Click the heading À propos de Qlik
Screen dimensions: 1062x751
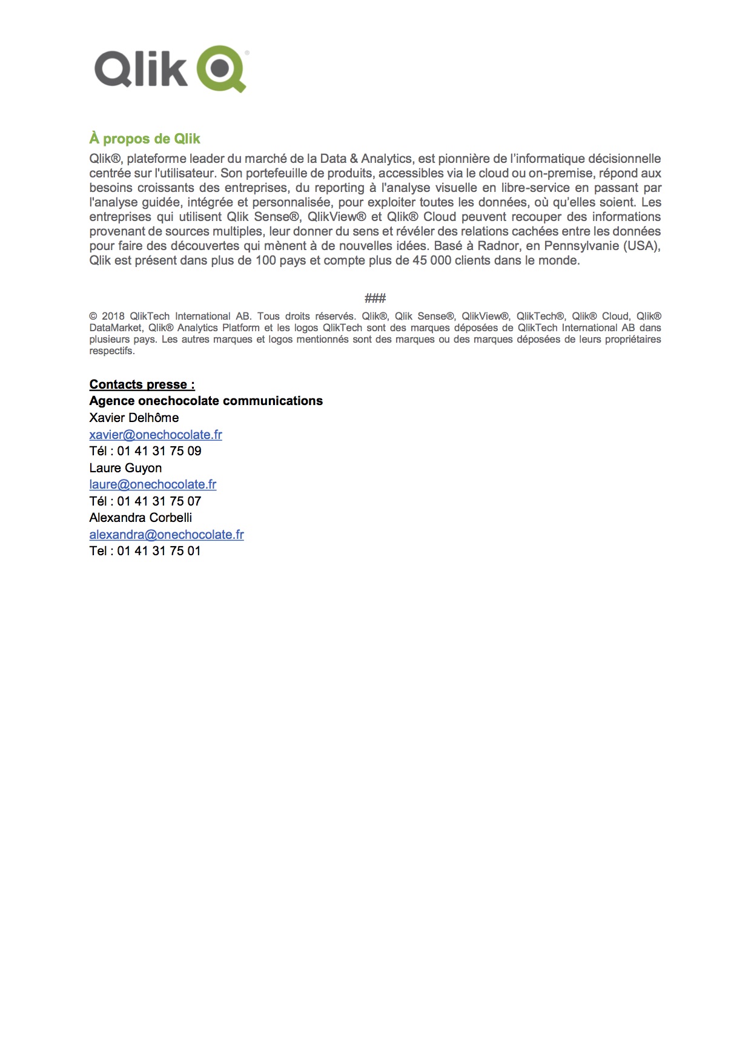click(145, 139)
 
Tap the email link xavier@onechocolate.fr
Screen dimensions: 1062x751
click(156, 435)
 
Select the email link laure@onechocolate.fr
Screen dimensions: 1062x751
click(153, 484)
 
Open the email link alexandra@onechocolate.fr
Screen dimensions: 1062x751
click(167, 535)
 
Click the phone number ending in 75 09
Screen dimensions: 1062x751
click(159, 451)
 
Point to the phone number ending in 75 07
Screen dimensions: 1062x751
click(159, 501)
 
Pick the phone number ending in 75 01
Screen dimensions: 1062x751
click(159, 551)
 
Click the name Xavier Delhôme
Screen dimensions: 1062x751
click(134, 418)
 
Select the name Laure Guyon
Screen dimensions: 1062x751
click(125, 468)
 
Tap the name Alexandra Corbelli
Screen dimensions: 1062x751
click(141, 518)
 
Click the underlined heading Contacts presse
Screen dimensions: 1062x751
click(142, 384)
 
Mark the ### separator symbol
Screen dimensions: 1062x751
click(375, 298)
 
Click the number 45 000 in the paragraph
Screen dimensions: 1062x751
click(431, 261)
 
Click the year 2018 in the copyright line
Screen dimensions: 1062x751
click(113, 316)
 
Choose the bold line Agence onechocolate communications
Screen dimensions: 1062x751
click(206, 401)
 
